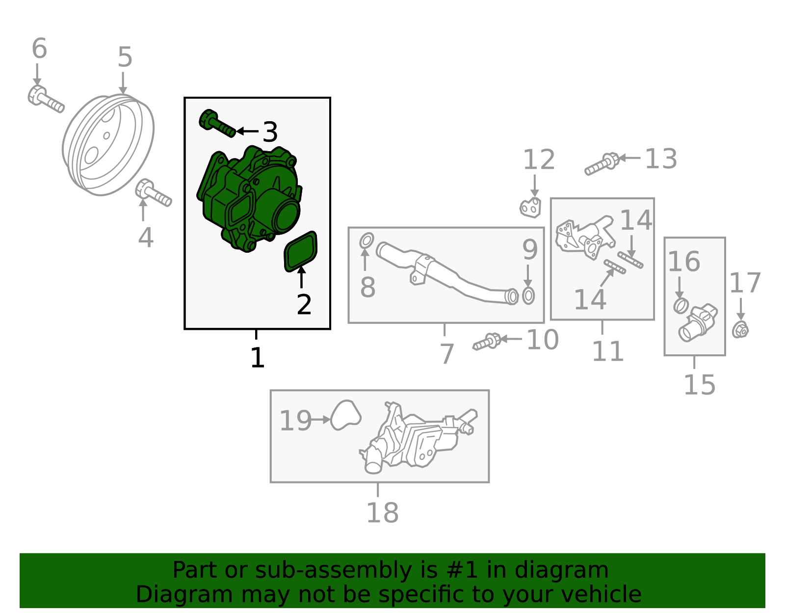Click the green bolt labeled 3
click(217, 123)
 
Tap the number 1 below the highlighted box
click(258, 358)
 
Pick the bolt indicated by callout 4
click(153, 193)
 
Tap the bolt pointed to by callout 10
click(487, 342)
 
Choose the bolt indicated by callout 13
click(602, 164)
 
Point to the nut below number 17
click(740, 330)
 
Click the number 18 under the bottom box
click(383, 512)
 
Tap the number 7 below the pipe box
click(447, 354)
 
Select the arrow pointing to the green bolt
click(247, 131)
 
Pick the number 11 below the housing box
click(608, 351)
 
